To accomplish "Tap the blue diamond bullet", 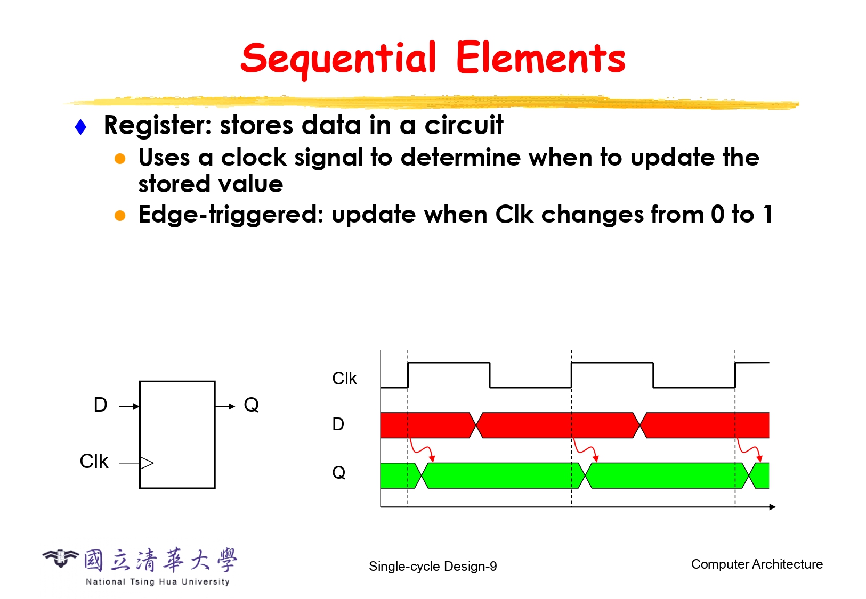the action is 80,127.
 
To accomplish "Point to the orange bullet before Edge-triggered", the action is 120,216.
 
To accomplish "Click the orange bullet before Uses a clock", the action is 120,159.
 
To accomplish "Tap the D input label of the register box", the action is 101,405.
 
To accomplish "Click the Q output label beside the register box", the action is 252,405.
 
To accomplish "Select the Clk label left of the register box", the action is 94,461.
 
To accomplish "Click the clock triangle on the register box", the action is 147,463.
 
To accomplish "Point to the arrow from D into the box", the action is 129,406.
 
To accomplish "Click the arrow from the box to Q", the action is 225,406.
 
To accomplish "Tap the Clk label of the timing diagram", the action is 344,379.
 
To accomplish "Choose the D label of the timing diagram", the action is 338,424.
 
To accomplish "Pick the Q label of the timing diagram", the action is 338,472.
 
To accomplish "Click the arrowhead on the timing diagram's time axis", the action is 772,507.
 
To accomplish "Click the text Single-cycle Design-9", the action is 433,566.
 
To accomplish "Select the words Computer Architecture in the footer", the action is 757,564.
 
